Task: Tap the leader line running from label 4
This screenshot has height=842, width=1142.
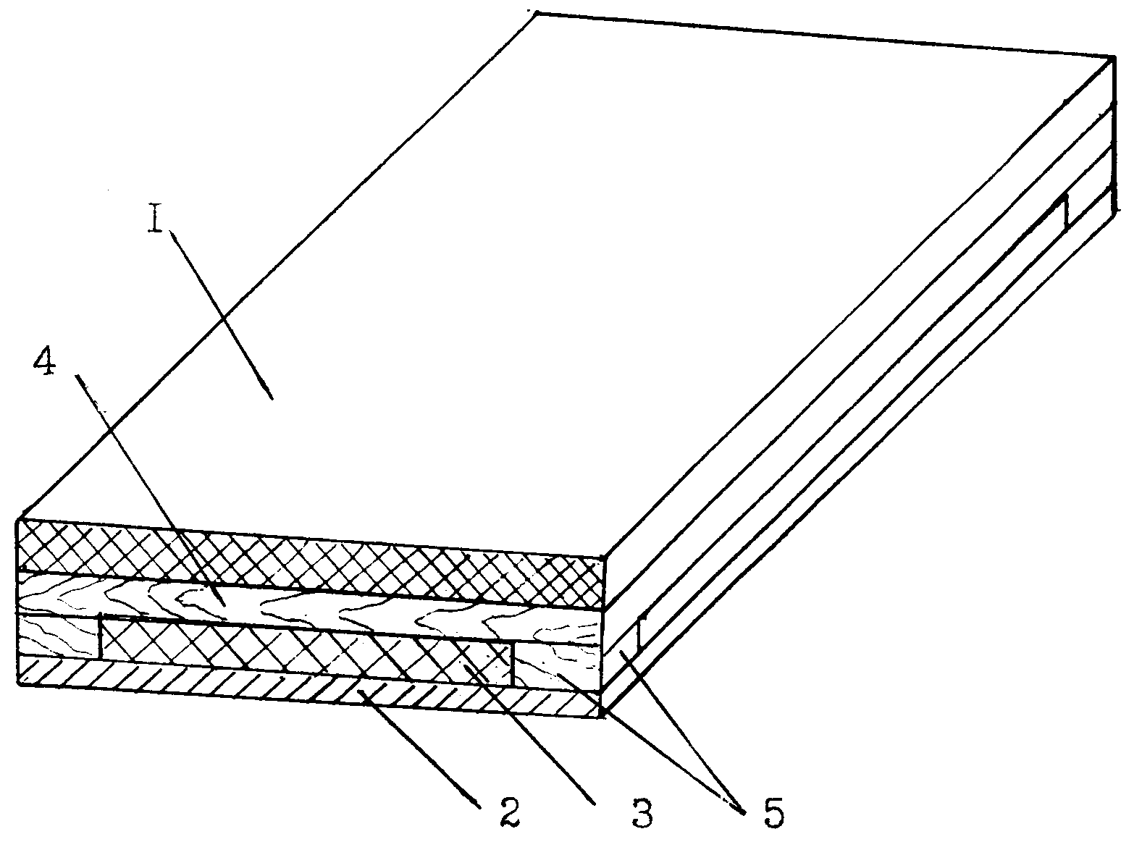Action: (151, 491)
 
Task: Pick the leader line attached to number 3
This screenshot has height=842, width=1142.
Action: (529, 736)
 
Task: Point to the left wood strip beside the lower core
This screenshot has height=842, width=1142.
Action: (59, 636)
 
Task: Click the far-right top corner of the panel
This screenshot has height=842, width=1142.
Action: (1114, 57)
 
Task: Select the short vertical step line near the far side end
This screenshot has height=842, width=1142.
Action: (1065, 213)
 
